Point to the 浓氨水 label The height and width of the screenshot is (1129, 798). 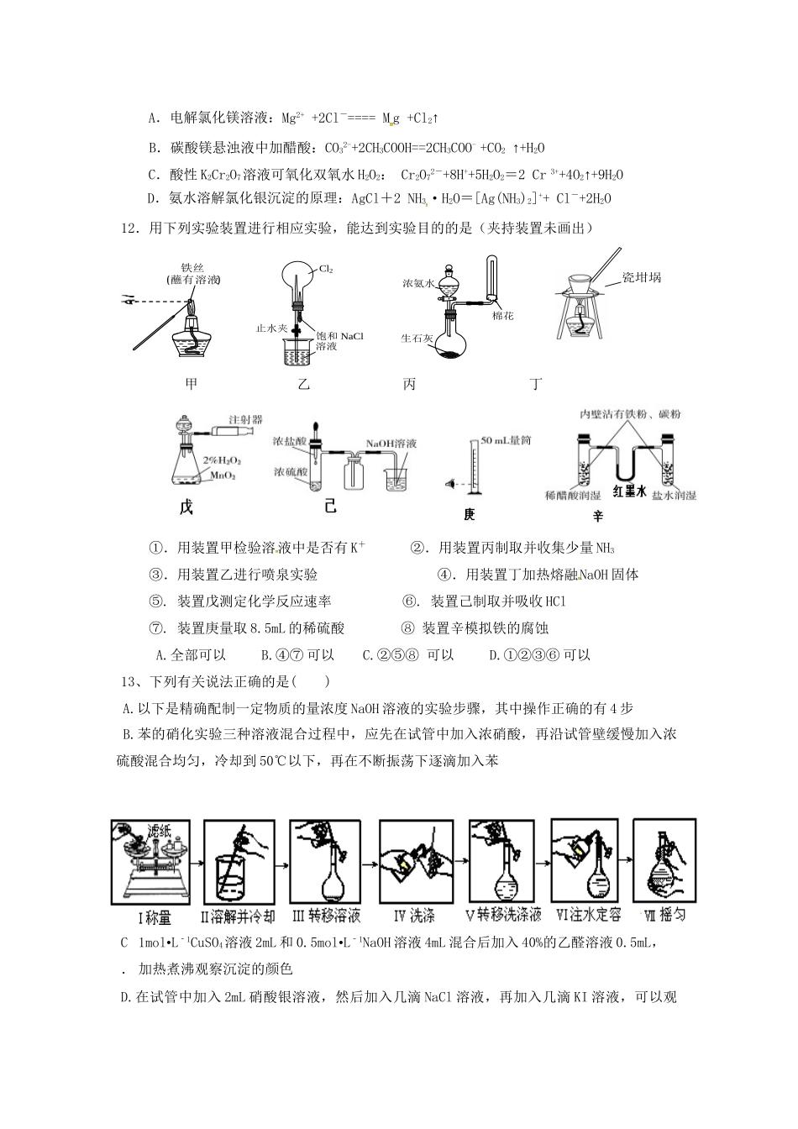click(417, 285)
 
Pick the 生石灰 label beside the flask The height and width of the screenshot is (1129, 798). click(417, 339)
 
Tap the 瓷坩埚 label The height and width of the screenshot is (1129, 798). click(641, 276)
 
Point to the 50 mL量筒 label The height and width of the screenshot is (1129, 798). click(506, 440)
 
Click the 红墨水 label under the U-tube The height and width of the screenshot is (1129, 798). click(628, 492)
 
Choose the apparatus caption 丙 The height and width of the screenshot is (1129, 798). click(409, 384)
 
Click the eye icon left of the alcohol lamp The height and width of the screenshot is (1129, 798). click(128, 298)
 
